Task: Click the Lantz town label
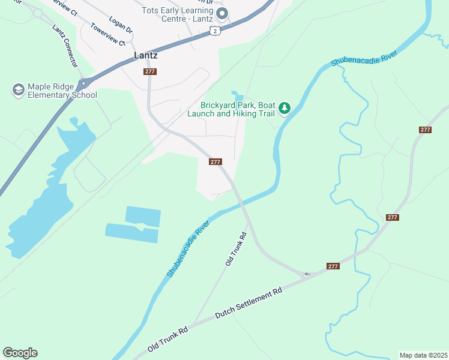[145, 55]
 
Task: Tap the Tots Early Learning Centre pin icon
[222, 13]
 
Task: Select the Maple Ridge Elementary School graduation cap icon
[18, 90]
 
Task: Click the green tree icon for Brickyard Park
[285, 108]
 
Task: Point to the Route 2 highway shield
[215, 31]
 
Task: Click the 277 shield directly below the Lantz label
[150, 71]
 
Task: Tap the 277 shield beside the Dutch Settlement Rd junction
[334, 266]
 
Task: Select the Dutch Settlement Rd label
[248, 302]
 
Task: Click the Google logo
[20, 353]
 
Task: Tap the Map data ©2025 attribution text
[423, 355]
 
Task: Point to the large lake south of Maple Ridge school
[42, 198]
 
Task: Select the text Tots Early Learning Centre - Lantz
[178, 15]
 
